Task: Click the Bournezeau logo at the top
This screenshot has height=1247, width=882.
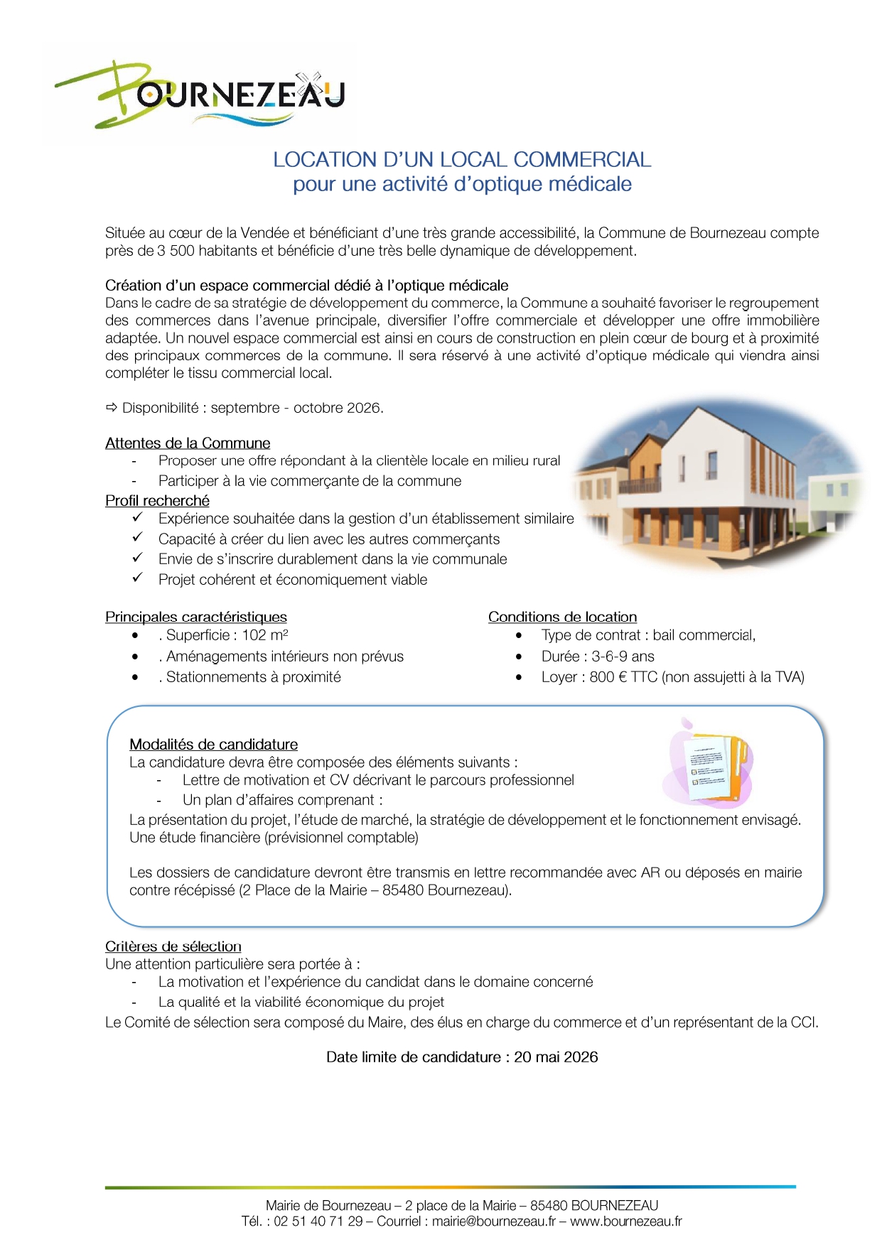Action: point(199,95)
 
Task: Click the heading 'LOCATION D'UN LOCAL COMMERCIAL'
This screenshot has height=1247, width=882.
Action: point(462,159)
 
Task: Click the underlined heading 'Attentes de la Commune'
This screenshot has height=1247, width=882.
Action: point(188,443)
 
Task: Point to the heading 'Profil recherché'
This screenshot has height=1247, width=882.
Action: point(157,501)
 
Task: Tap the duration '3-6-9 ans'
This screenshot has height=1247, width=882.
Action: point(623,657)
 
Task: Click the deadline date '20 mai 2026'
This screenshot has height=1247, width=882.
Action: point(556,1057)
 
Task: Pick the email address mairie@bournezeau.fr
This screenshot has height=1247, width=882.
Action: point(494,1221)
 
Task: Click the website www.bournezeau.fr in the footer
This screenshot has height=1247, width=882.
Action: point(625,1221)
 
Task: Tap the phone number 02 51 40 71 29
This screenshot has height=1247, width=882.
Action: point(318,1221)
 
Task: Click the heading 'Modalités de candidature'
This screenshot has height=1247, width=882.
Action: point(213,745)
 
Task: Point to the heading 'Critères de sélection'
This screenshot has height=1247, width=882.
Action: point(173,946)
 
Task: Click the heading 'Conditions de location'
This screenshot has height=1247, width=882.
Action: point(562,617)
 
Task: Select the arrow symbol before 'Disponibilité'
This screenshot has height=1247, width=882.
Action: point(112,408)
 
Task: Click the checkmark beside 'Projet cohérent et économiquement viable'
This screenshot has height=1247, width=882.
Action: point(137,578)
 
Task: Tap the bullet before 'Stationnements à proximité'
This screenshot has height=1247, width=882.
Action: point(135,678)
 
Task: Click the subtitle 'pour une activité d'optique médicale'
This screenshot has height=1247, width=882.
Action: point(462,184)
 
